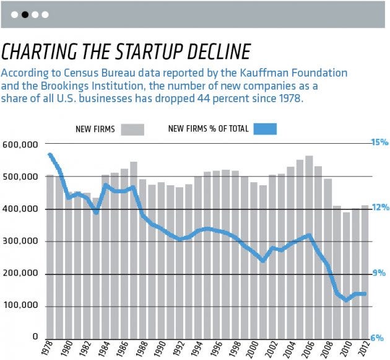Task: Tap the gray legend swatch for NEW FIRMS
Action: pos(132,130)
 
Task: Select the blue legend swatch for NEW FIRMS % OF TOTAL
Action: pos(264,129)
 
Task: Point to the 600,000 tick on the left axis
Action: pos(21,144)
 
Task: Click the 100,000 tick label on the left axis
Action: pos(21,305)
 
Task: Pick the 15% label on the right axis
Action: pos(379,143)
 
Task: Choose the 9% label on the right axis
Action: pos(379,273)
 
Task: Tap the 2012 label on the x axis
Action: pos(365,348)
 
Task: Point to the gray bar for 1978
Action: pos(50,260)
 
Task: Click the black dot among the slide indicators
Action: pos(25,14)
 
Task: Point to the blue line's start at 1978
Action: pos(50,154)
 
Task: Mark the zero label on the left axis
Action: pos(37,338)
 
